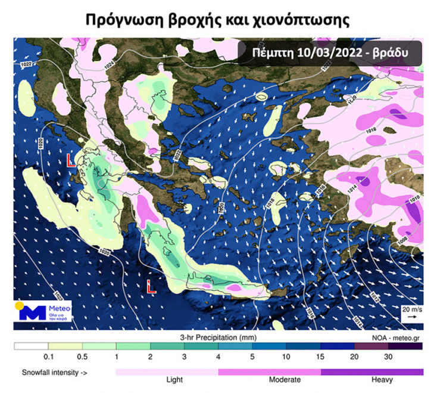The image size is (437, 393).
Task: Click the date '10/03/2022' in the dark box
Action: pyautogui.click(x=330, y=52)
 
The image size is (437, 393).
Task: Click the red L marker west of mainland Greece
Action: pyautogui.click(x=70, y=160)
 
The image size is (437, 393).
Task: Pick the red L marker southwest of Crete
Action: pyautogui.click(x=151, y=287)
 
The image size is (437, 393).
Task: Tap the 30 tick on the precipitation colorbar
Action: pyautogui.click(x=388, y=357)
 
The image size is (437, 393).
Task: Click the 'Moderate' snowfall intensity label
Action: pyautogui.click(x=285, y=380)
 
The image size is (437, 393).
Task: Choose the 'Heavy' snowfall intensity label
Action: pyautogui.click(x=382, y=380)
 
